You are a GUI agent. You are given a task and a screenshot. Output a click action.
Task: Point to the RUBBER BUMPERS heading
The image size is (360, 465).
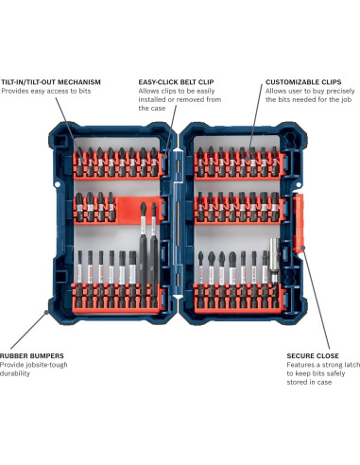31,356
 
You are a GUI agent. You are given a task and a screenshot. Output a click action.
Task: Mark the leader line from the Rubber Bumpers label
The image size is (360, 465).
28,330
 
